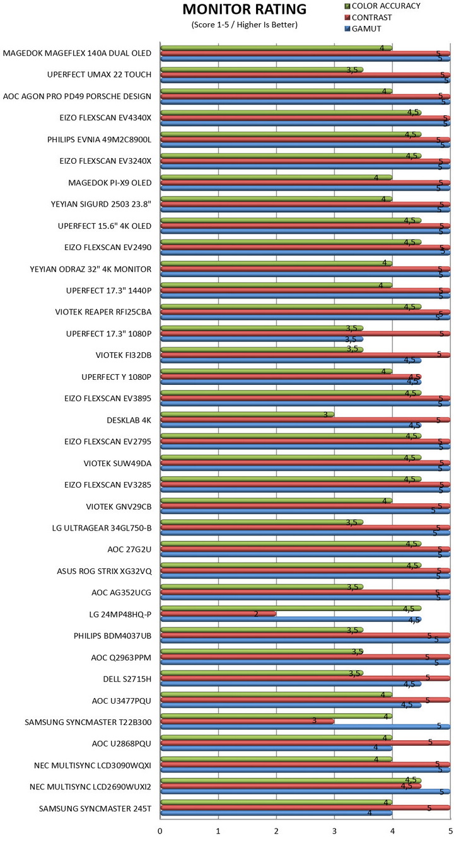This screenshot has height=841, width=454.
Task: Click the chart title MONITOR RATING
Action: [x=244, y=10]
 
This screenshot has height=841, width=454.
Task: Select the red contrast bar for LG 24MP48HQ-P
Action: [x=218, y=614]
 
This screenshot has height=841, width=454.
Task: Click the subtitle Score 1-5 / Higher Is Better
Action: [x=244, y=25]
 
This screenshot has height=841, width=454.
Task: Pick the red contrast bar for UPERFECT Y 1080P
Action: [x=291, y=377]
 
